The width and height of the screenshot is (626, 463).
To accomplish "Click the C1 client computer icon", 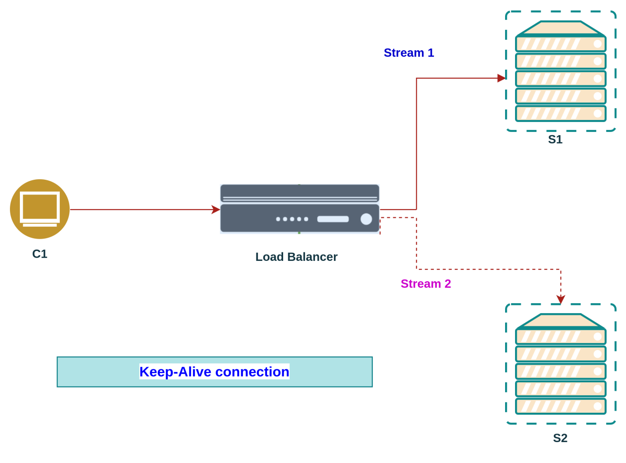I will coord(40,209).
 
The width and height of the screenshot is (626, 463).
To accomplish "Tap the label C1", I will coord(40,254).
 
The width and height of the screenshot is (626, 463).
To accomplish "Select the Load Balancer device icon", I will coord(300,209).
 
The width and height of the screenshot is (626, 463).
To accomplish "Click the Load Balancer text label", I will coord(296,257).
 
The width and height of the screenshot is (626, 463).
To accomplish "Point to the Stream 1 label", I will coord(409,53).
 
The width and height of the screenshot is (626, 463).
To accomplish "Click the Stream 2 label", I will coord(426,284).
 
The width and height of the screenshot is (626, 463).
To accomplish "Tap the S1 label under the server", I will coord(555,139).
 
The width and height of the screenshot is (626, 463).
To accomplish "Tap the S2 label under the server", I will coord(560,438).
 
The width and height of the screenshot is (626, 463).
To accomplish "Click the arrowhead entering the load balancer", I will coord(216,209).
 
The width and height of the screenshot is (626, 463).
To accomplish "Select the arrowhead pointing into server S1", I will coord(501,78).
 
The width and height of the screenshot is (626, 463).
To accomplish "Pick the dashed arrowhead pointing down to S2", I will coord(561,299).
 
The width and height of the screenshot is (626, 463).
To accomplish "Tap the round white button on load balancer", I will coord(366,219).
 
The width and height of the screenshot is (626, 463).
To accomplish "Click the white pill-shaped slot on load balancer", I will coord(333,219).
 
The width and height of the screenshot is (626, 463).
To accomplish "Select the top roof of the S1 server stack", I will coord(561,28).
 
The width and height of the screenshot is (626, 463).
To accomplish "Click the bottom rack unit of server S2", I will coord(561,406).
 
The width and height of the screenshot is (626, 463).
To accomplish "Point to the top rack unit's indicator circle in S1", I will coord(598,44).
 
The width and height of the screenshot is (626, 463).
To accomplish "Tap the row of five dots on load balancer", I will coord(292,219).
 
